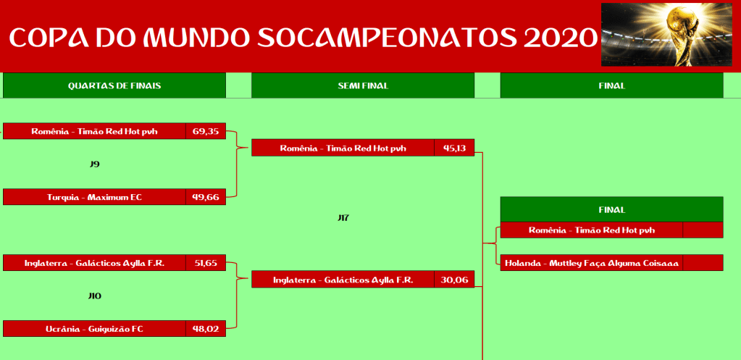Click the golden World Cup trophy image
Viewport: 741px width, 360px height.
coord(666,35)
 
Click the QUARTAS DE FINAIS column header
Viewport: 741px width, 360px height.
coord(114,85)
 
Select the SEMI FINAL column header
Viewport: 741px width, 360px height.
coord(363,85)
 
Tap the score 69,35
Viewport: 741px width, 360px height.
coord(206,131)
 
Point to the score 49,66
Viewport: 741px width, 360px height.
coord(206,197)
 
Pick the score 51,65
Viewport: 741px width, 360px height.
coord(206,263)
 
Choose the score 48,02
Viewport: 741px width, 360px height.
coord(206,329)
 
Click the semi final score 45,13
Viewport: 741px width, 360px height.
coord(454,148)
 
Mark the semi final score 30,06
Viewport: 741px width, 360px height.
coord(454,280)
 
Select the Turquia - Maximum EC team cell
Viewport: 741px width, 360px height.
coord(94,197)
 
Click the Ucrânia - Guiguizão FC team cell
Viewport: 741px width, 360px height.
coord(94,329)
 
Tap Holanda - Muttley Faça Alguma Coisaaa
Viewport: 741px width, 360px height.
coord(592,263)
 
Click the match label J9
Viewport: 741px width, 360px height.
coord(94,164)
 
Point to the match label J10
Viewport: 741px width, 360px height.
coord(94,296)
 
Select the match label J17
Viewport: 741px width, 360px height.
coord(343,218)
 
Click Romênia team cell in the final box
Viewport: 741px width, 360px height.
coord(592,230)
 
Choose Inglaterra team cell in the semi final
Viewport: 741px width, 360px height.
coord(343,280)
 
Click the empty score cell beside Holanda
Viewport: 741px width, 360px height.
coord(703,263)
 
